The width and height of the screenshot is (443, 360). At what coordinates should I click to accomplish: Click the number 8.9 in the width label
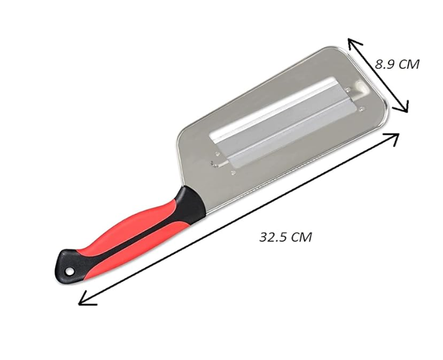coord(386,63)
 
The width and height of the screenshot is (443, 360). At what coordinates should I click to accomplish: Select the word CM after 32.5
coord(301,237)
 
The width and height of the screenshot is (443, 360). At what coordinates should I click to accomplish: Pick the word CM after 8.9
coord(409,63)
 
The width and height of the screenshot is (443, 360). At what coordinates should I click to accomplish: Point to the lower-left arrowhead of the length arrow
coord(84,300)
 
